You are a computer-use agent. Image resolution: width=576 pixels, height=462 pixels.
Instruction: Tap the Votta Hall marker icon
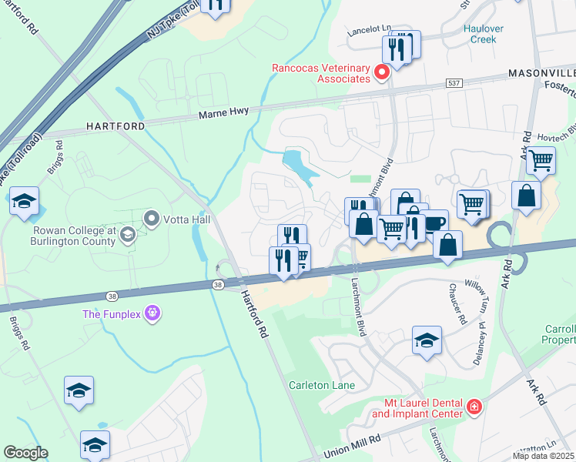[151, 219]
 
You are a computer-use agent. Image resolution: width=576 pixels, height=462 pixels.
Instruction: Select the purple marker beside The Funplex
[152, 313]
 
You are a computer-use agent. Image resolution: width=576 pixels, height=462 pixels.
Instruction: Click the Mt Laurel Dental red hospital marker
[475, 406]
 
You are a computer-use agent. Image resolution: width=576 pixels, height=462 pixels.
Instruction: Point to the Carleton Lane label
[321, 385]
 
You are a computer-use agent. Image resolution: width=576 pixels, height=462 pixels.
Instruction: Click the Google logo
[25, 452]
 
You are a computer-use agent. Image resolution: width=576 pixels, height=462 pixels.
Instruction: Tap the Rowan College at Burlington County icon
[128, 235]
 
